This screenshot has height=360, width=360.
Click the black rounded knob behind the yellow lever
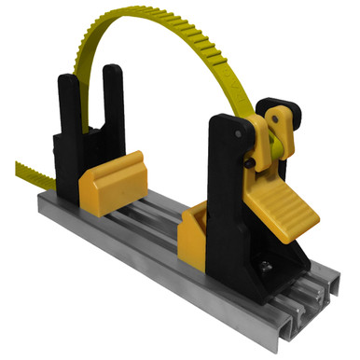(x=301, y=116)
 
